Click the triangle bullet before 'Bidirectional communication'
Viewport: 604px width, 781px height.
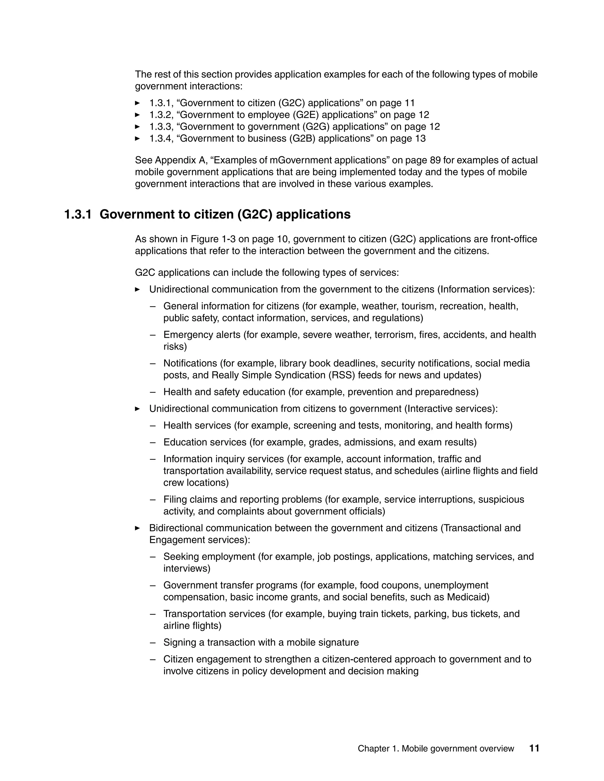[x=137, y=528]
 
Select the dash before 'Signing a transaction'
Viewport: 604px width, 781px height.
[x=153, y=642]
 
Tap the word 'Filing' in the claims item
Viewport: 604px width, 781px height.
[x=175, y=500]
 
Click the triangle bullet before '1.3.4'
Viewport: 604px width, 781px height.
[x=137, y=139]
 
